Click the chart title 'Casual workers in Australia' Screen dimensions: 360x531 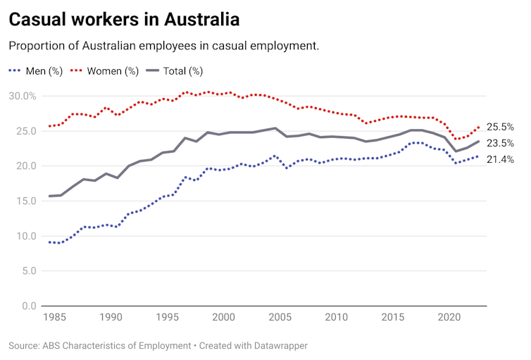124,19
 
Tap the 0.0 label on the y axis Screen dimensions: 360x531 27,306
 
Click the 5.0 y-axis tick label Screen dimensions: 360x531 27,271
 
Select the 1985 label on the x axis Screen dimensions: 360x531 54,318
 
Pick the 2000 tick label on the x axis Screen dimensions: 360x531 223,318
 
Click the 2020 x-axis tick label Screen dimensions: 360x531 449,318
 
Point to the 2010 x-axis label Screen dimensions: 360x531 336,318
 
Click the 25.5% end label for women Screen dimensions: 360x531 500,128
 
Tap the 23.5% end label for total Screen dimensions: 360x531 500,143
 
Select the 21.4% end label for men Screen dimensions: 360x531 500,160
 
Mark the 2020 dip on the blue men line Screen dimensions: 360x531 456,163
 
